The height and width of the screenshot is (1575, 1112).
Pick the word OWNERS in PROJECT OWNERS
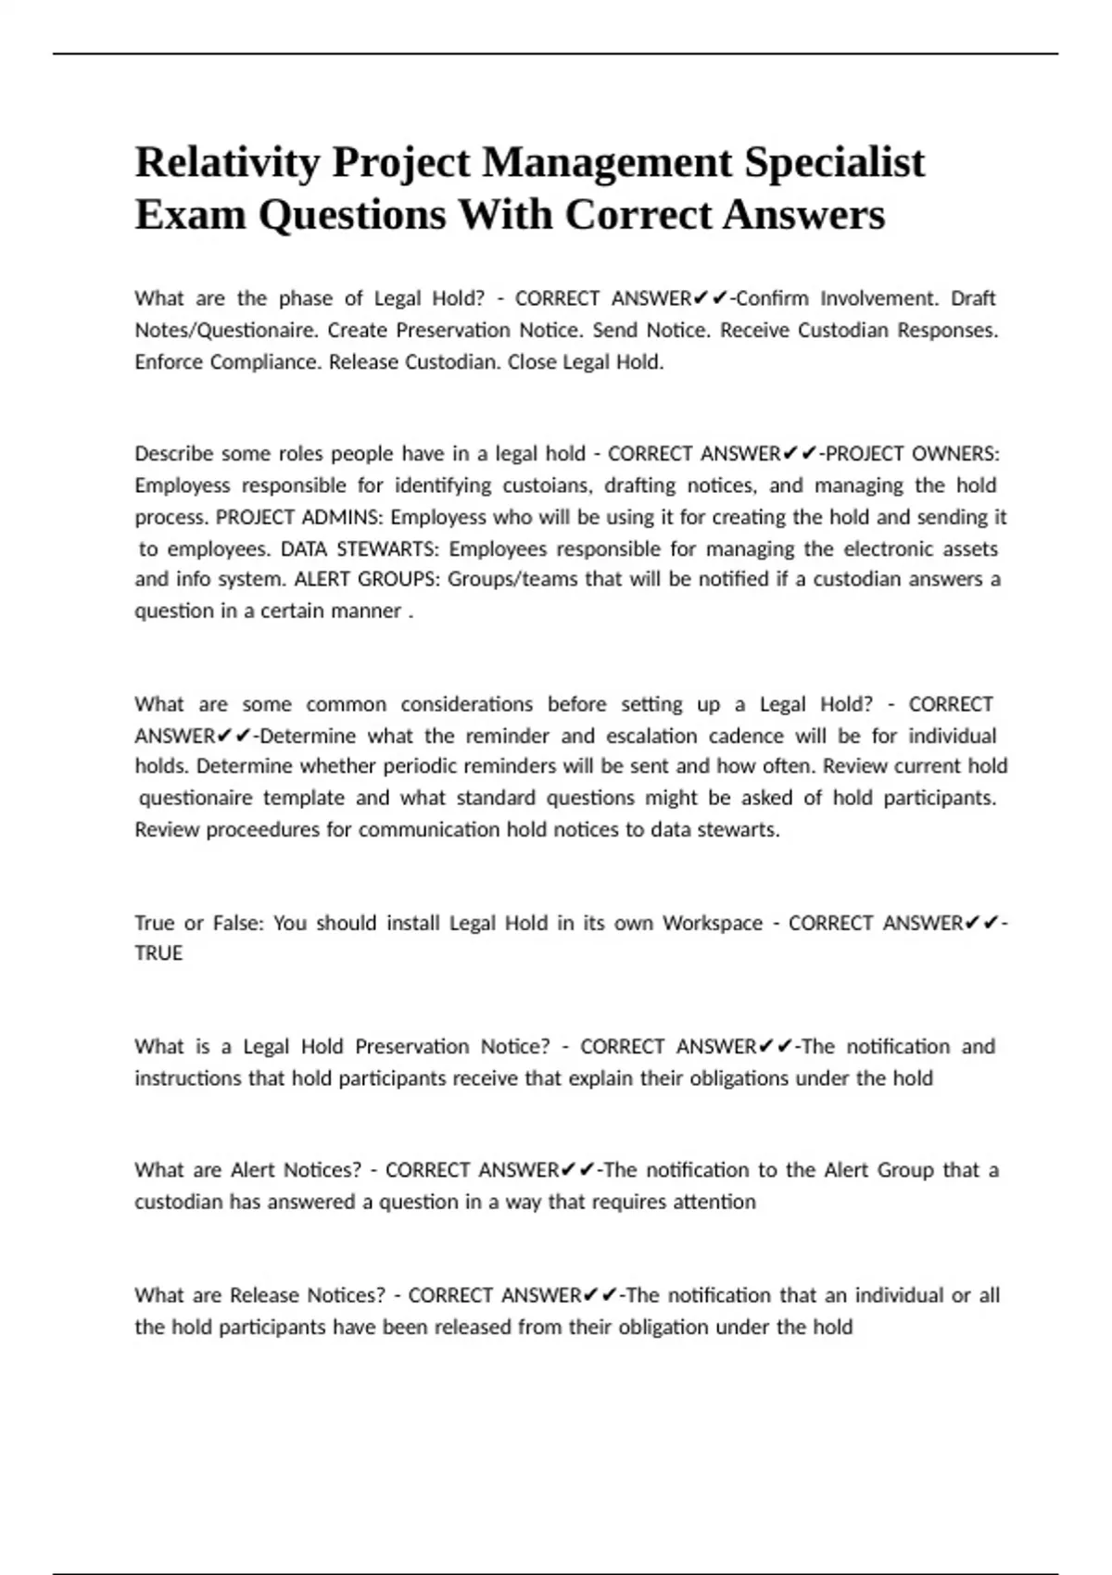tap(955, 454)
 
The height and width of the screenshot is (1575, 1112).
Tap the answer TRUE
tap(158, 953)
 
